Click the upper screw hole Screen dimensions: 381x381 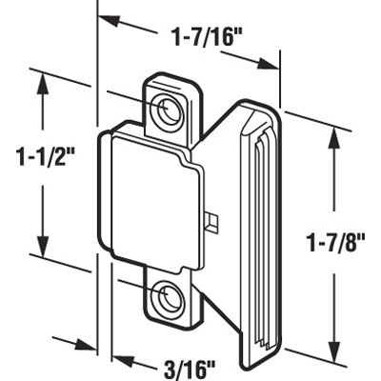(x=170, y=110)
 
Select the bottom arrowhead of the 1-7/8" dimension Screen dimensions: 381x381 (x=333, y=348)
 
